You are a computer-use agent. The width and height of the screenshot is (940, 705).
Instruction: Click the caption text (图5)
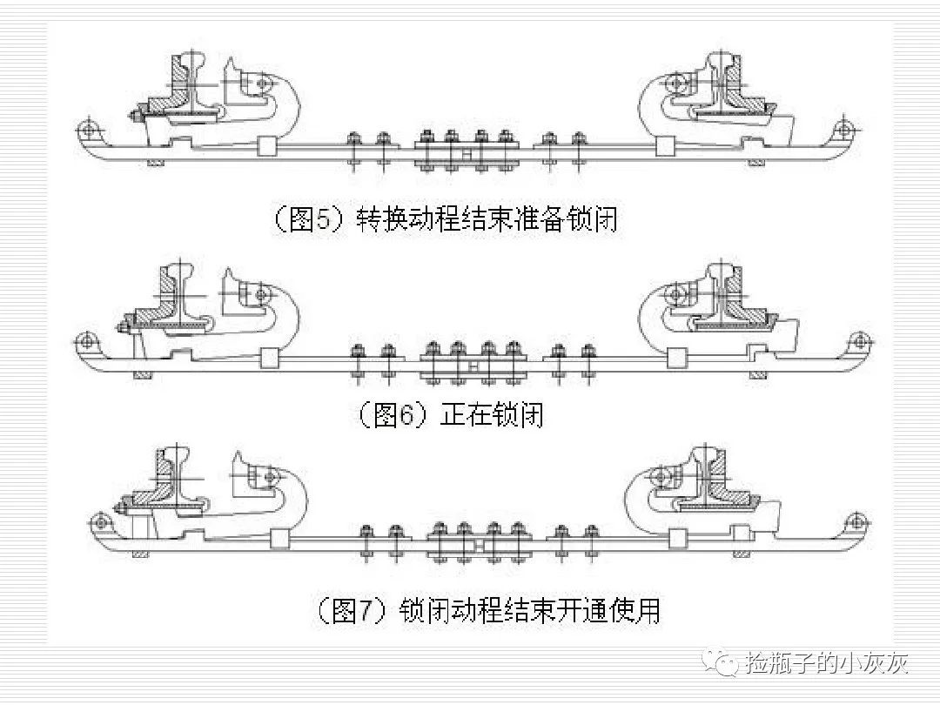tap(310, 219)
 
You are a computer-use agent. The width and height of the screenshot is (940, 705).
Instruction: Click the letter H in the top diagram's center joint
tap(467, 154)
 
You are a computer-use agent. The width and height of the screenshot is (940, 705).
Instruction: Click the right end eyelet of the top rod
tap(841, 130)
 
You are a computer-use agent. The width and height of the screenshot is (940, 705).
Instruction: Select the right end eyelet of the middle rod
tap(859, 339)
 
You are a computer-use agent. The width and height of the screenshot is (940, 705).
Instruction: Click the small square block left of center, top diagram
tap(266, 148)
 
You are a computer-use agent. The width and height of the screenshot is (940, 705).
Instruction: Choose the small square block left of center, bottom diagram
tap(280, 540)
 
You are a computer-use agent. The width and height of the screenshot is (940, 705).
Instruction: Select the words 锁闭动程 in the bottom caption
tap(449, 610)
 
